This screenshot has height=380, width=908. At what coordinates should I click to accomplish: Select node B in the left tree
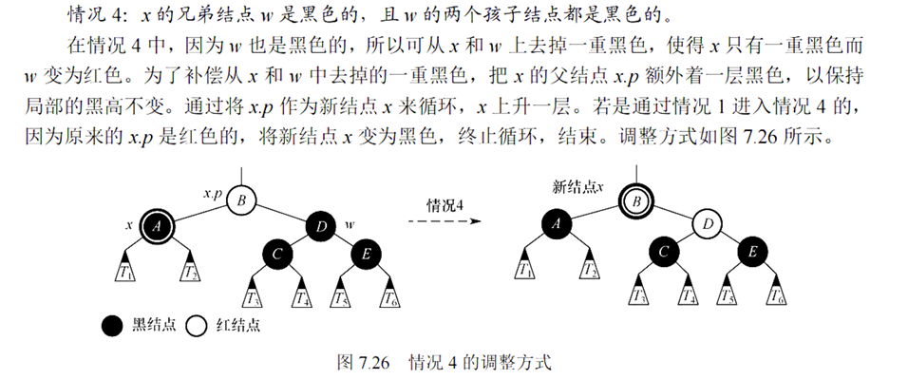click(241, 200)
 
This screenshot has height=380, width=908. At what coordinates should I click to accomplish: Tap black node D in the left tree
click(321, 226)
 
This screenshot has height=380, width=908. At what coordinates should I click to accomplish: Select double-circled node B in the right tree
click(637, 200)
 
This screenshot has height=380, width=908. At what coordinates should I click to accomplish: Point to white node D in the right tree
click(708, 226)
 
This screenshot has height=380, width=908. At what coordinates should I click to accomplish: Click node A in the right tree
click(558, 226)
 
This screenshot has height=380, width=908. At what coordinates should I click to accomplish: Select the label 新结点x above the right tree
click(578, 184)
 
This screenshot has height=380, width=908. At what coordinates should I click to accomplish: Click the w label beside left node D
click(350, 225)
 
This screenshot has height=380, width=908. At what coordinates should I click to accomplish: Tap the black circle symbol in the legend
click(112, 326)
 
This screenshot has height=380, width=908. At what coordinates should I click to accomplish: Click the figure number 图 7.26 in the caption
click(365, 362)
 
